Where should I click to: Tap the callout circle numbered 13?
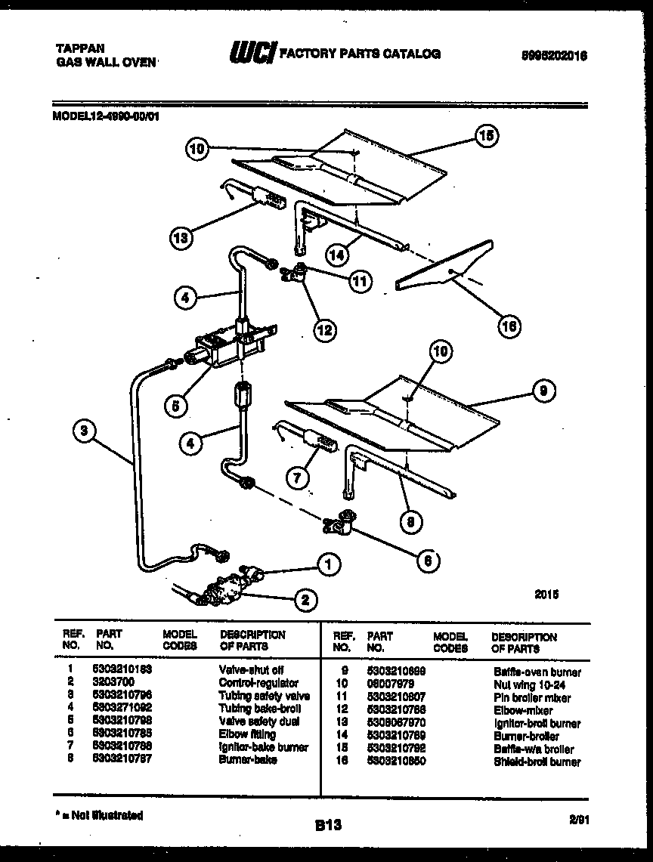tap(180, 239)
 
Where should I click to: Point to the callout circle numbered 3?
tap(85, 431)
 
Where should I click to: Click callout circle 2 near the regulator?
tap(304, 600)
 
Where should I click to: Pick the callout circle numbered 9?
tap(543, 390)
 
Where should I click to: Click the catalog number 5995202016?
tap(554, 55)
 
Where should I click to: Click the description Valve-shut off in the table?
tap(251, 670)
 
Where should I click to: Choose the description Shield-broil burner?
tap(537, 762)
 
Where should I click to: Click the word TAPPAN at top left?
tap(75, 47)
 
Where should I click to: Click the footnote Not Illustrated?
tap(100, 815)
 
